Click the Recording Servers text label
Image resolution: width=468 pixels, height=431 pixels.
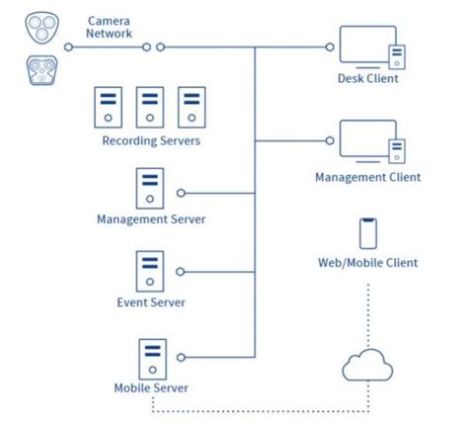(151, 140)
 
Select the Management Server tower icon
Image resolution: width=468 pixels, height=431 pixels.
(150, 188)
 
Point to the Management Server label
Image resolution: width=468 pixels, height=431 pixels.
(151, 219)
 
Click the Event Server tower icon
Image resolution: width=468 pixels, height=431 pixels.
(150, 271)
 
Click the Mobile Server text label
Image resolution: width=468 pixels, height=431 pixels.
(151, 388)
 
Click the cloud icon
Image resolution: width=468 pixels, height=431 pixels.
(369, 367)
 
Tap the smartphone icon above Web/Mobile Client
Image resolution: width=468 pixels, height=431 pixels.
(368, 232)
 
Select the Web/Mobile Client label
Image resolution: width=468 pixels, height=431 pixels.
(368, 263)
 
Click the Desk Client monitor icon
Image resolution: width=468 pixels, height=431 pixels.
(367, 47)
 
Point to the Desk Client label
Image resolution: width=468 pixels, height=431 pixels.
(368, 79)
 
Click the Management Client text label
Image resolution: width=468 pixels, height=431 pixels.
(368, 177)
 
